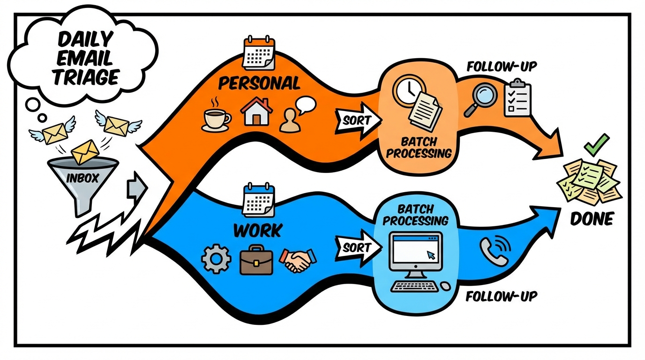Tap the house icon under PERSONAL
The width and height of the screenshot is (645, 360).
click(x=256, y=111)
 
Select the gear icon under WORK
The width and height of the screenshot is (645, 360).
click(x=216, y=260)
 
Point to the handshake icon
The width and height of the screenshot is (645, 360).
click(x=298, y=259)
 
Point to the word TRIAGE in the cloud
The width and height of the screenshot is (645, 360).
click(x=85, y=76)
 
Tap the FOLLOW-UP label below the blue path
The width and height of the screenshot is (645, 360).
click(x=502, y=297)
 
